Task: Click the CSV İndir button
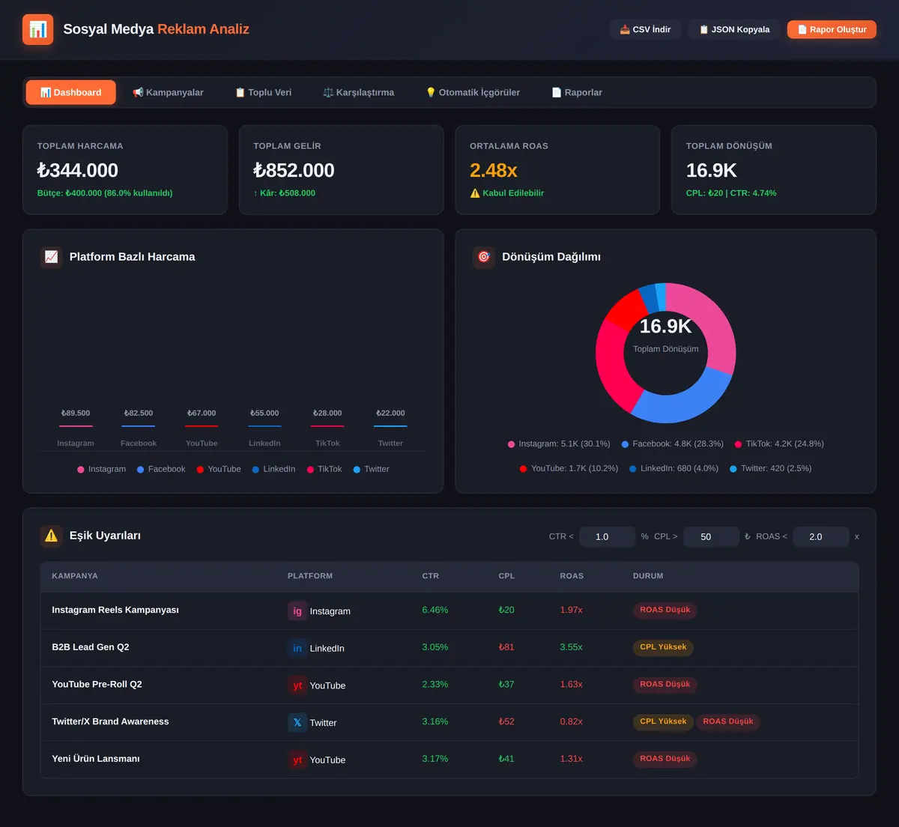(x=645, y=29)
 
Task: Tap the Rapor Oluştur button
(x=832, y=29)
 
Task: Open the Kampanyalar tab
(x=168, y=92)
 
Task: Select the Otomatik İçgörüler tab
(x=473, y=92)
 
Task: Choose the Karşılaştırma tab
(x=359, y=92)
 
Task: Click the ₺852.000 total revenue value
(x=294, y=170)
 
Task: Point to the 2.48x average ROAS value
(x=493, y=170)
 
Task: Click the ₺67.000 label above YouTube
(x=202, y=413)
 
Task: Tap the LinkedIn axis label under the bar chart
(x=264, y=443)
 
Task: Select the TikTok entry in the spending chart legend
(x=324, y=469)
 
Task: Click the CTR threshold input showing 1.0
(x=607, y=536)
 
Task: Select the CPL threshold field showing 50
(x=711, y=536)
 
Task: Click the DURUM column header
(x=647, y=575)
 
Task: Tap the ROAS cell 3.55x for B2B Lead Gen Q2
(x=571, y=646)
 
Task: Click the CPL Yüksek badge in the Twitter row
(x=663, y=721)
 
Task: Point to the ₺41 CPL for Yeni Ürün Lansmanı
(x=506, y=758)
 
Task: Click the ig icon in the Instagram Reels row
(x=297, y=611)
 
